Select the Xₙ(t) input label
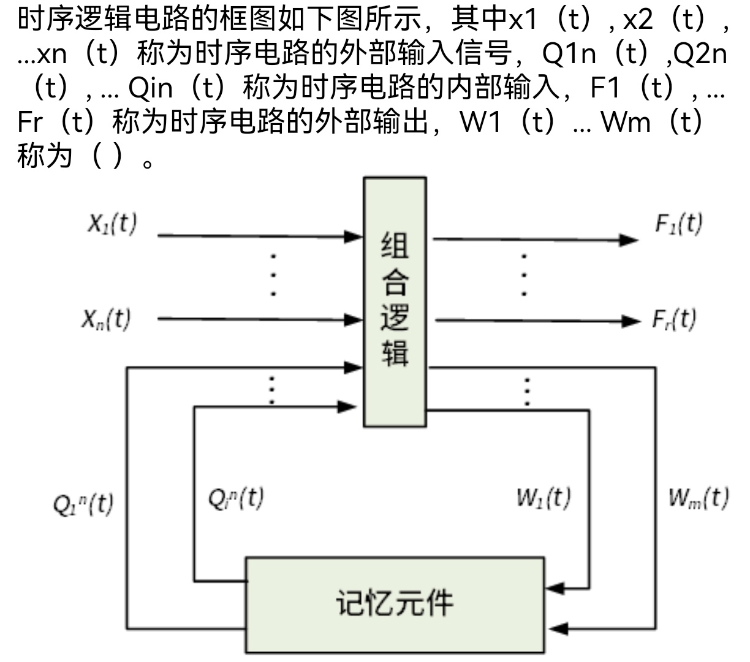click(x=107, y=319)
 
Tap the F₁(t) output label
click(x=679, y=224)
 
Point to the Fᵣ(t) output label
click(x=674, y=319)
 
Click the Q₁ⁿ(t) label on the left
click(x=83, y=505)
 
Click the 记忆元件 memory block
click(x=395, y=604)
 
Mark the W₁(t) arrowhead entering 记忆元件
click(x=555, y=589)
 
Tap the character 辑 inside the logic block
click(x=395, y=353)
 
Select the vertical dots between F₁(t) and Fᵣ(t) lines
click(x=524, y=274)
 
